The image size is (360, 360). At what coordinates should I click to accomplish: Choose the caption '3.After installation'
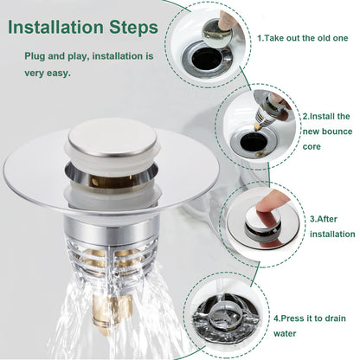click(331, 226)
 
